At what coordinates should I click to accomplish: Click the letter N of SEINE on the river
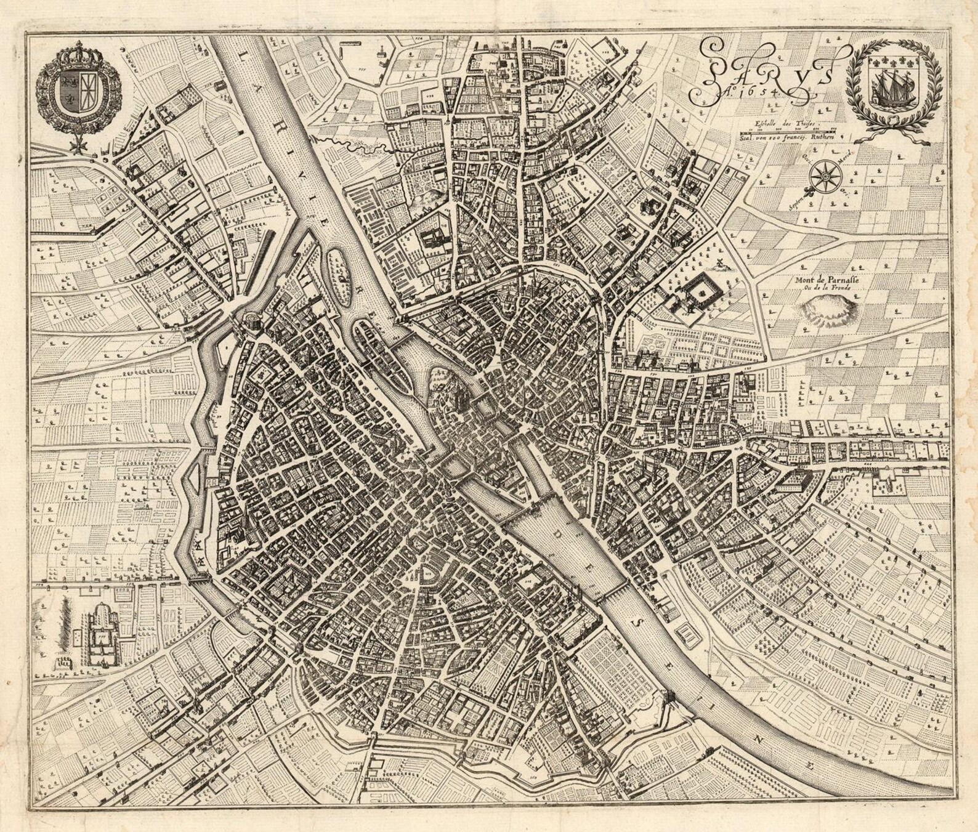click(x=762, y=738)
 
